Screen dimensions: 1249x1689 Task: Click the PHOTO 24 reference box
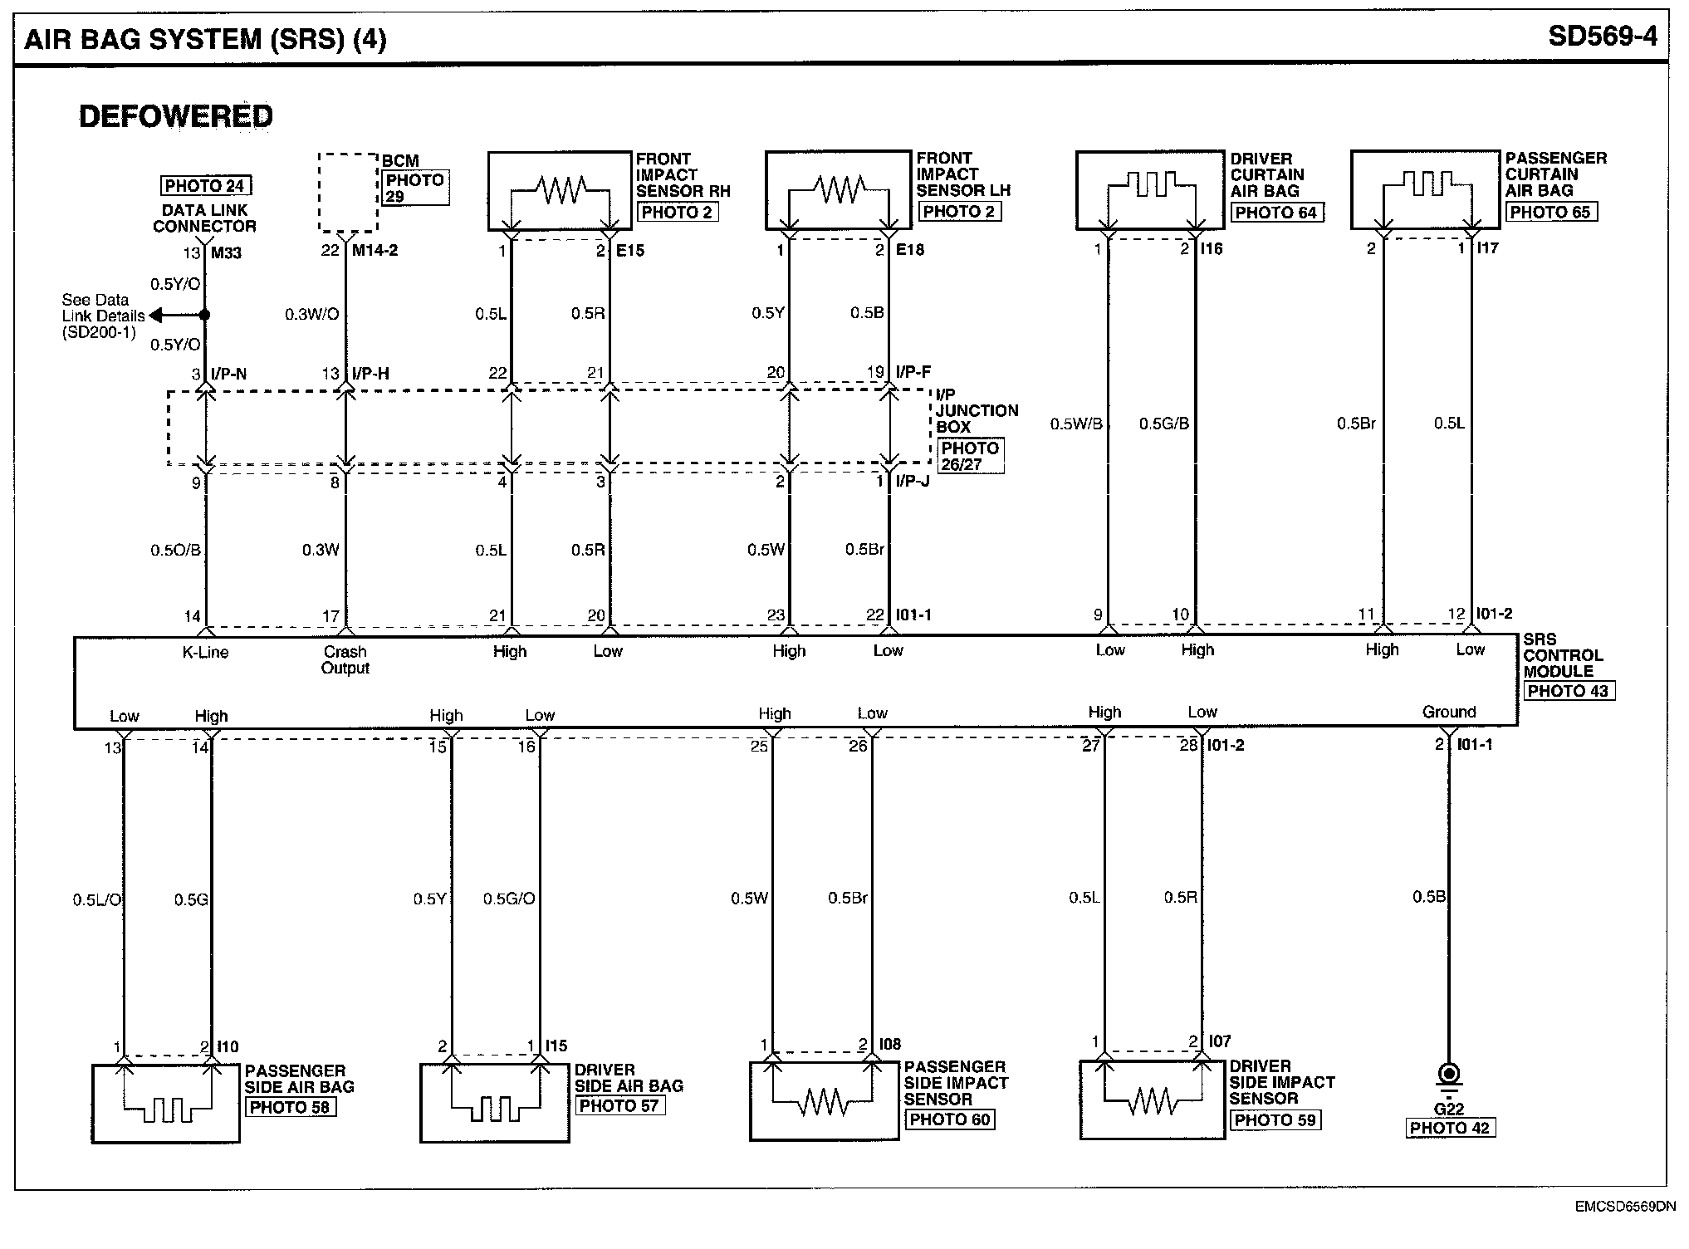point(204,186)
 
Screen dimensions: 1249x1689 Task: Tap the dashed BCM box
point(349,192)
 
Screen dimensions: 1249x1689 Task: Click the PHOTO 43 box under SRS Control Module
point(1569,691)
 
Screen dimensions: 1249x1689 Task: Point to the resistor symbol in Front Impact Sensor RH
point(561,189)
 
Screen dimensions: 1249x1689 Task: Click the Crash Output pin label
point(345,659)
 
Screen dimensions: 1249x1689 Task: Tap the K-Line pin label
point(205,652)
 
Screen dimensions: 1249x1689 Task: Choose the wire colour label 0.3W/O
point(311,315)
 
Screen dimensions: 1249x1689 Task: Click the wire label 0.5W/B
point(1076,424)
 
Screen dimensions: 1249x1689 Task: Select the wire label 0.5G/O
point(509,899)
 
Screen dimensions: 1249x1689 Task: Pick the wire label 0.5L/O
point(97,899)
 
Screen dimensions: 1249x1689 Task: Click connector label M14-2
point(375,250)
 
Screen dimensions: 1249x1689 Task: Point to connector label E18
point(910,249)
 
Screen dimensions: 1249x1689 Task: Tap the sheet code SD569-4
point(1602,37)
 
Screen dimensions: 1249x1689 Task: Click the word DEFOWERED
point(176,116)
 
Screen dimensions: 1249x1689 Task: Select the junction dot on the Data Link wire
point(205,316)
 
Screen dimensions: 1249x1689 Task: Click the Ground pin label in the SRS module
point(1449,712)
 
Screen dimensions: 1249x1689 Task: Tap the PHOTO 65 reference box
point(1550,212)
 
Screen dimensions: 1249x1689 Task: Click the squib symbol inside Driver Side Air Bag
point(494,1108)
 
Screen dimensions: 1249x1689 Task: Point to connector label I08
point(889,1044)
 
